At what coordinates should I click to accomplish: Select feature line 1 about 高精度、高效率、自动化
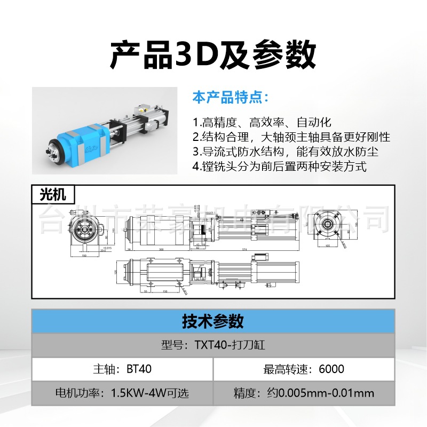(x=262, y=122)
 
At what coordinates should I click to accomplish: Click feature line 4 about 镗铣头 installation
(x=280, y=166)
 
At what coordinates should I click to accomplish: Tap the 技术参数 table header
(x=213, y=321)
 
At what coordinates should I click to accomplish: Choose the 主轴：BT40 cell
(x=122, y=369)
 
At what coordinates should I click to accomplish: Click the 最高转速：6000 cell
(x=304, y=369)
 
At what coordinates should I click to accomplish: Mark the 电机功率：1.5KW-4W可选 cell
(x=122, y=394)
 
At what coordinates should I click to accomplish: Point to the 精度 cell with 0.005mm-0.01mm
(x=304, y=394)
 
